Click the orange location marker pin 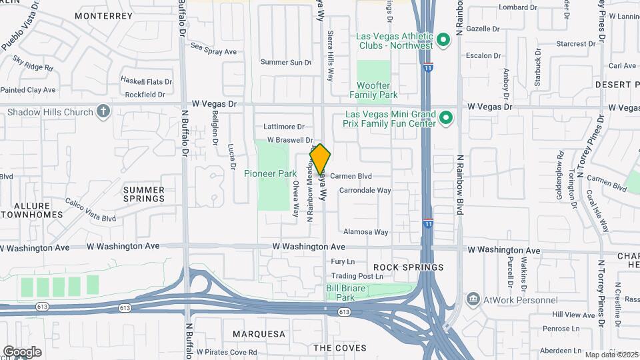(x=320, y=159)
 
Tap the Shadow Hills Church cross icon (x=103, y=111)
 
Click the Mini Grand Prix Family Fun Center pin (x=446, y=119)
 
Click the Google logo (x=22, y=351)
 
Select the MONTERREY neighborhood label (x=103, y=15)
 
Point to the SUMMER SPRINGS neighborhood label (x=144, y=194)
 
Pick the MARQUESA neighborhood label (x=259, y=333)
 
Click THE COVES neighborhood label (x=340, y=348)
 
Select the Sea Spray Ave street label (x=213, y=51)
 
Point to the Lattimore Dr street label (x=283, y=126)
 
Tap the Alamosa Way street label (x=365, y=232)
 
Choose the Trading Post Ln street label (x=358, y=276)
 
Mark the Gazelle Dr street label (x=483, y=29)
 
